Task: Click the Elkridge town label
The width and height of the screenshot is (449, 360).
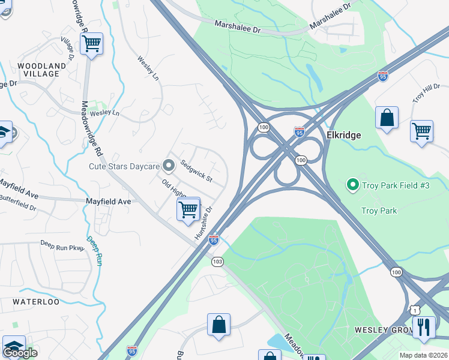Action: coord(343,136)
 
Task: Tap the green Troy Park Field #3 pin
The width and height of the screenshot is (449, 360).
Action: coord(353,185)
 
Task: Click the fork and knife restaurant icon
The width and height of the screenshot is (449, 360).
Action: coord(424,326)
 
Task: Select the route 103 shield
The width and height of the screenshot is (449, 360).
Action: coord(217,262)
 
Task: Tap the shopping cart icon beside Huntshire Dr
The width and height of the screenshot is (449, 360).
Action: coord(188,209)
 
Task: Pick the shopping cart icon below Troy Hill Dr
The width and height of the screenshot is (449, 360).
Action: coord(422,130)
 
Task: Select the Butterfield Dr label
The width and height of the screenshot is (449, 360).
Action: coord(18,202)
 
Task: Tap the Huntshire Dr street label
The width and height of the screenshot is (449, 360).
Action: coord(204,224)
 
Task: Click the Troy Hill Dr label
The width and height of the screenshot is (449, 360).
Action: coord(426,94)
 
